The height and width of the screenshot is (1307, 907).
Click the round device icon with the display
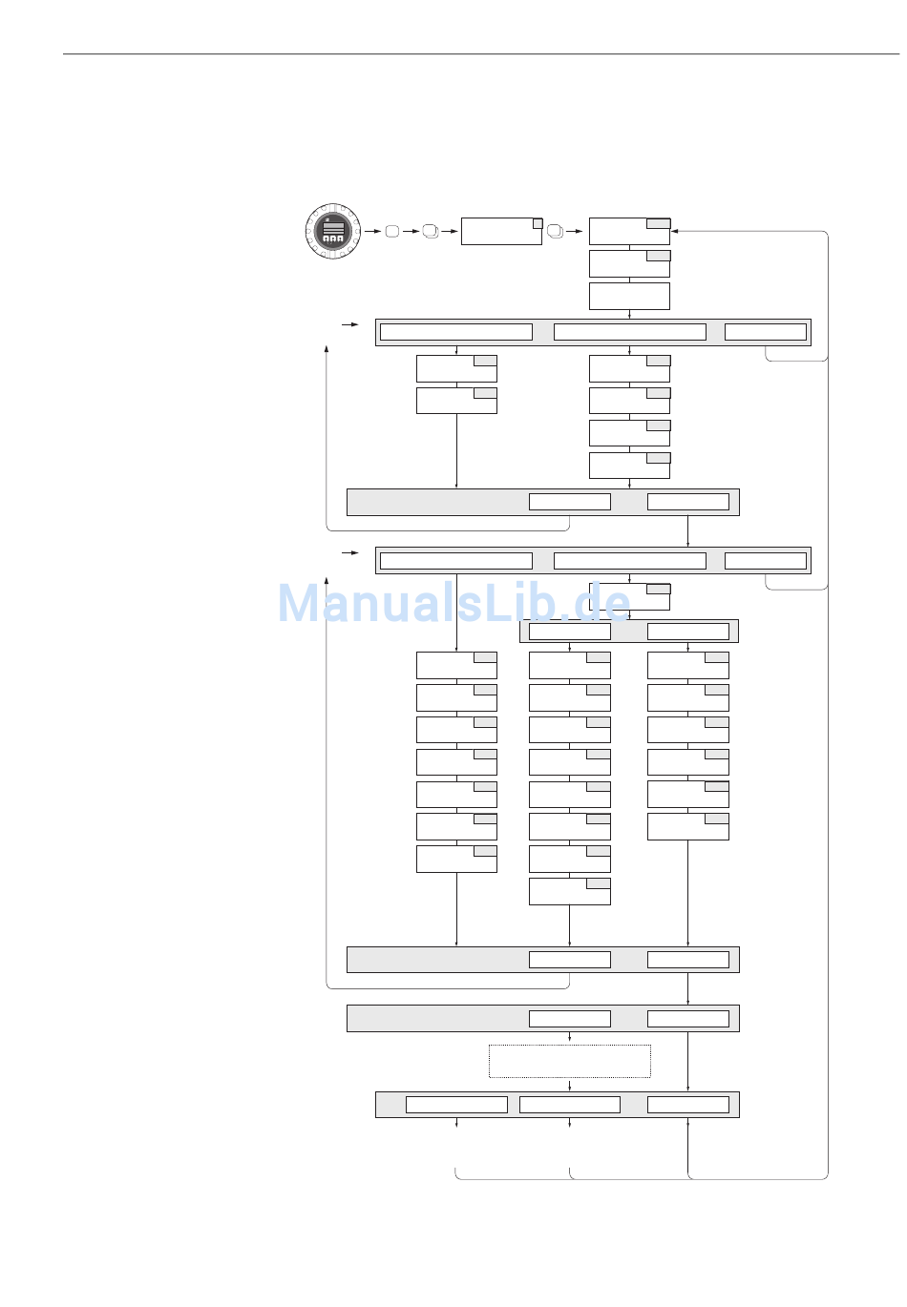332,231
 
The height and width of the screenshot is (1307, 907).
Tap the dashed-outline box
570,1061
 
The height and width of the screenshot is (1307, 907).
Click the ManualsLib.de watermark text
454,603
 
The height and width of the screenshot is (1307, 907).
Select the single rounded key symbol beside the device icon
391,231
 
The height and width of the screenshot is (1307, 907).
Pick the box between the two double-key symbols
501,231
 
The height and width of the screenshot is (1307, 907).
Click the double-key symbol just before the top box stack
556,231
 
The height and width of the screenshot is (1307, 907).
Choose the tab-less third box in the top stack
629,296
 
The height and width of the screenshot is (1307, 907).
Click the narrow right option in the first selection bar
766,332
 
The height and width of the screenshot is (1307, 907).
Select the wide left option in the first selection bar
456,332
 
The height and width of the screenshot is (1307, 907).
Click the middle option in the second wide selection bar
629,561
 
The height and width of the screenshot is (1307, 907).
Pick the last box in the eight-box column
570,891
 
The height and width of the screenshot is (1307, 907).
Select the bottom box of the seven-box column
456,859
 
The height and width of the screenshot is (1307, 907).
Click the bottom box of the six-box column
687,826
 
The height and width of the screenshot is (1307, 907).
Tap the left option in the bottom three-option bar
456,1105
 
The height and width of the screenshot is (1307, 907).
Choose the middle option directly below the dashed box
570,1105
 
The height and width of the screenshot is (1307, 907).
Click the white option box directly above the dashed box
570,1019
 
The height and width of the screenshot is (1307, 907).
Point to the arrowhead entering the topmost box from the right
674,231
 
